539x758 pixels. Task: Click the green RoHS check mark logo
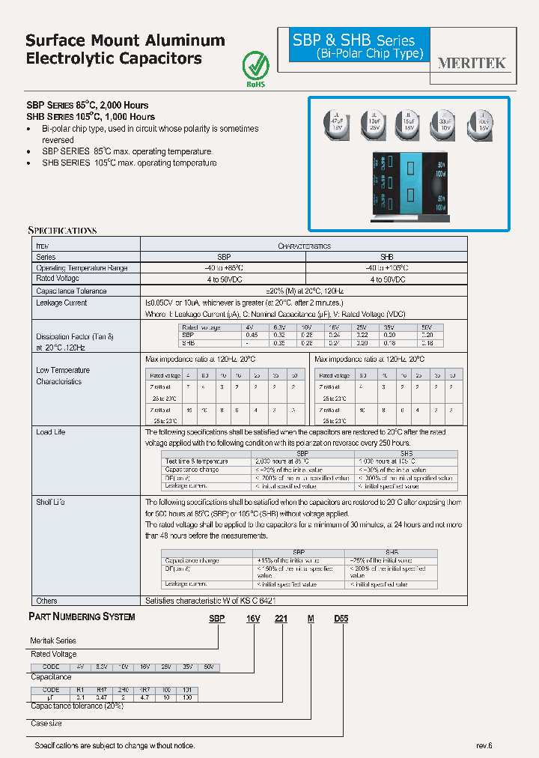257,65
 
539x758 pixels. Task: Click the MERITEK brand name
472,63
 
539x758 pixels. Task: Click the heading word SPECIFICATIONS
62,231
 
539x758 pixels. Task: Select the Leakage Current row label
61,303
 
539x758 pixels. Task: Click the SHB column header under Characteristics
386,256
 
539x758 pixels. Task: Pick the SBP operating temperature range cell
223,267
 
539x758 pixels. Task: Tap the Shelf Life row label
50,502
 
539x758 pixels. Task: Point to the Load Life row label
50,432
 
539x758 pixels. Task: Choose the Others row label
46,601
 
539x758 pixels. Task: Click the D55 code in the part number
341,617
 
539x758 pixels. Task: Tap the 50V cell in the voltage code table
209,667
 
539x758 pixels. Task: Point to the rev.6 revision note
484,746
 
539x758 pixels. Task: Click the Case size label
46,724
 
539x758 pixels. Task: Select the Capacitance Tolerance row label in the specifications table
71,291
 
